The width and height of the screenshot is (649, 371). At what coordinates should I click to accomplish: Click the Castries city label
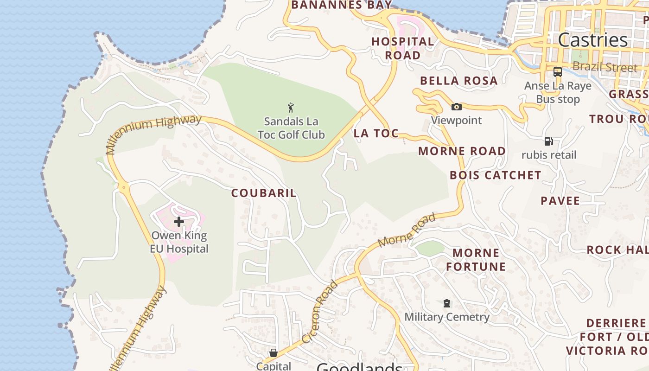point(592,40)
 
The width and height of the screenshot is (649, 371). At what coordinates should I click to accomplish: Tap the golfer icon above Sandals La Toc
point(291,108)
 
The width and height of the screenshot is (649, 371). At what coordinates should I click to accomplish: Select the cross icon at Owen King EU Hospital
point(179,222)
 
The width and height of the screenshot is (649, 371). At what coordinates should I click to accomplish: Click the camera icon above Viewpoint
point(457,107)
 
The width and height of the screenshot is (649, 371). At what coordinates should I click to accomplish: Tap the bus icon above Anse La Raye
point(558,72)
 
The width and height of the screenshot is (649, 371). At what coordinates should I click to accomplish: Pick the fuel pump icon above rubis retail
point(548,141)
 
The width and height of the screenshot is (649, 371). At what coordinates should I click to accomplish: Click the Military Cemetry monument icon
point(447,303)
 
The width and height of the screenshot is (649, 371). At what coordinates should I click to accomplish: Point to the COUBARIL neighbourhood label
point(264,193)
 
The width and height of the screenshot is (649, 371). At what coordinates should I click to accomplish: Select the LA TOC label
point(376,134)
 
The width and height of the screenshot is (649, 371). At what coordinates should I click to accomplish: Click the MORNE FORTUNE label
point(476,260)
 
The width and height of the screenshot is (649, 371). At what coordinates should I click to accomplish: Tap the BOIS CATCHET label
point(495,175)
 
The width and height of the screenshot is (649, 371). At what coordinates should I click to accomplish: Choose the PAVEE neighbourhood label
point(560,201)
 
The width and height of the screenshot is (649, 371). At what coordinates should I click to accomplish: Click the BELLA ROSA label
point(458,81)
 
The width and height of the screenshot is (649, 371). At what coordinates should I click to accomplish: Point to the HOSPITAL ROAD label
point(402,48)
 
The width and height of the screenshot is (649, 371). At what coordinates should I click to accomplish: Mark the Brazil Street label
point(605,67)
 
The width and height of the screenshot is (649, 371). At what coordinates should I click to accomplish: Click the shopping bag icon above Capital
point(274,353)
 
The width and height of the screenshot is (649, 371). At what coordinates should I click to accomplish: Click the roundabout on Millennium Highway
point(124,188)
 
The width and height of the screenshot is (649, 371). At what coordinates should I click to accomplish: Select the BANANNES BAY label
point(341,5)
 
